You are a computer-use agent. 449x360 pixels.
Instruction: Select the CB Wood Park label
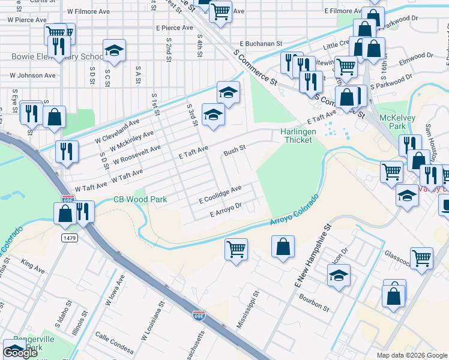click(140, 199)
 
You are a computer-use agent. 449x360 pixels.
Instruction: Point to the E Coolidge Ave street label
click(220, 193)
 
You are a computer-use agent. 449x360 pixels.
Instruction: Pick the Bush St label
click(235, 151)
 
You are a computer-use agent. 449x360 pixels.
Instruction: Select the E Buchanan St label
click(261, 43)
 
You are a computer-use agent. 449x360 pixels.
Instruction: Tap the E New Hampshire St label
click(313, 256)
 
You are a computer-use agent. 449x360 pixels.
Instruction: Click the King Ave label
click(33, 263)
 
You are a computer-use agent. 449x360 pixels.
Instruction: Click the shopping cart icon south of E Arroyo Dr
click(236, 248)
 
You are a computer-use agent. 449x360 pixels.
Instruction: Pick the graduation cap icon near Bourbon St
click(339, 277)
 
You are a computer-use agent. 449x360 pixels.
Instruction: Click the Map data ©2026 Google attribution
click(411, 355)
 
